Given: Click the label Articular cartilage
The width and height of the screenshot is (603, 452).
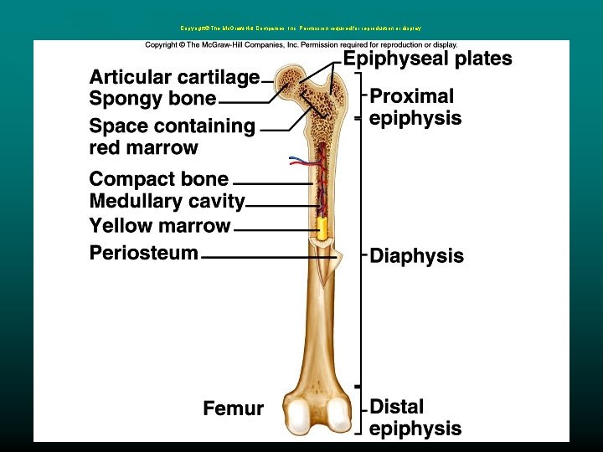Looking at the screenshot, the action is click(x=174, y=78).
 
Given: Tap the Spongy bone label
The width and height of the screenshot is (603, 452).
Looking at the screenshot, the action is click(x=152, y=99).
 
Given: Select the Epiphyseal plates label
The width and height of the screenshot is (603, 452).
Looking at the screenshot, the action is click(x=428, y=59).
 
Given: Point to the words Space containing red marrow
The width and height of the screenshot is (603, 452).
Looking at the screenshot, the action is click(x=172, y=137).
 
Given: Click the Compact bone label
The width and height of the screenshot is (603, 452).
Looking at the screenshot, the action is click(x=158, y=179).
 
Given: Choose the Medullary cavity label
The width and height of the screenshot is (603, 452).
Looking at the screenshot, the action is click(x=167, y=202).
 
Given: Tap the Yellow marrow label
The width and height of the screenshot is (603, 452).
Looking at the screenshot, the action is click(x=159, y=226).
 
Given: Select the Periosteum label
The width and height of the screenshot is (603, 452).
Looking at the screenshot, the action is click(x=144, y=253).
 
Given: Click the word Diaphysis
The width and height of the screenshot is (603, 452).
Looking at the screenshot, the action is click(x=416, y=256).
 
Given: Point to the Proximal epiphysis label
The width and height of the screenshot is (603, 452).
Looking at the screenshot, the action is click(x=415, y=107).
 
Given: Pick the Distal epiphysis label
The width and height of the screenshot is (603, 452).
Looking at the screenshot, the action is click(x=415, y=418).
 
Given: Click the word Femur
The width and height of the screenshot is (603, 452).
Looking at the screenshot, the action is click(x=233, y=409).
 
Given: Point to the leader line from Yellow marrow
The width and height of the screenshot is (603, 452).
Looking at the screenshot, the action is click(x=274, y=229).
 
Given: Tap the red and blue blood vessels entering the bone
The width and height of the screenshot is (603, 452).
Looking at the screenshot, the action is click(x=302, y=159).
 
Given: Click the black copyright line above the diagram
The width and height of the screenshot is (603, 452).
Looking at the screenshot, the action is click(x=301, y=44).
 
